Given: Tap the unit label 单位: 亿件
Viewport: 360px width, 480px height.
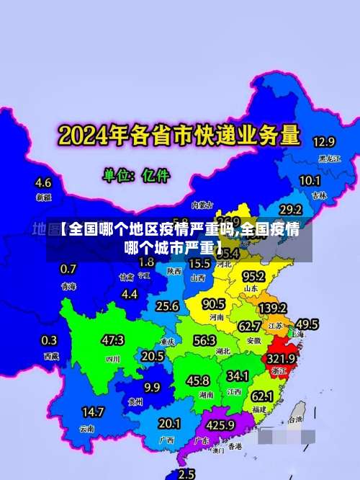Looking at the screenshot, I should pyautogui.click(x=138, y=175).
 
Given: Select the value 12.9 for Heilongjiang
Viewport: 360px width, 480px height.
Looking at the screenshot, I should pyautogui.click(x=323, y=142).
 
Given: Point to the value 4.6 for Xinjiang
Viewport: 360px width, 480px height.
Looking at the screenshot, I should pyautogui.click(x=43, y=182).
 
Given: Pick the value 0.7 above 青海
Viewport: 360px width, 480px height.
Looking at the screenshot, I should pyautogui.click(x=68, y=269).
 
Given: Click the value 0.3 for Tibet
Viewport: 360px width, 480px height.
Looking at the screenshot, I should pyautogui.click(x=49, y=340).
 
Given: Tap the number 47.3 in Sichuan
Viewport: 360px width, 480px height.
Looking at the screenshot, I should pyautogui.click(x=112, y=340).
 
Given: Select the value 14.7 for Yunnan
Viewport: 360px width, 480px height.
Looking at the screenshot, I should pyautogui.click(x=93, y=412).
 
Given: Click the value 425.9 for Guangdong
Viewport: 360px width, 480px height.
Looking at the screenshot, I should pyautogui.click(x=219, y=425).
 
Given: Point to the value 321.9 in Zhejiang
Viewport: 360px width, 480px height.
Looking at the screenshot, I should pyautogui.click(x=282, y=358).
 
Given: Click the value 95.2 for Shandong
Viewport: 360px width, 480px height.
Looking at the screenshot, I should pyautogui.click(x=253, y=276).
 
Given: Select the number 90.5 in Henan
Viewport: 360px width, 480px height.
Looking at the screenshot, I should pyautogui.click(x=213, y=304).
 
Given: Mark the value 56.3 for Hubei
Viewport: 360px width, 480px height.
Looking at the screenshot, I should pyautogui.click(x=204, y=340).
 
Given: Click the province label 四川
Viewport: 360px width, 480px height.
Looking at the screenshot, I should pyautogui.click(x=113, y=358).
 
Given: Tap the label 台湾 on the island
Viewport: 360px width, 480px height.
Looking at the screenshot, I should pyautogui.click(x=295, y=419).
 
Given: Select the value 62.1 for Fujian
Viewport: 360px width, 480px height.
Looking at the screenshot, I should pyautogui.click(x=261, y=396).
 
